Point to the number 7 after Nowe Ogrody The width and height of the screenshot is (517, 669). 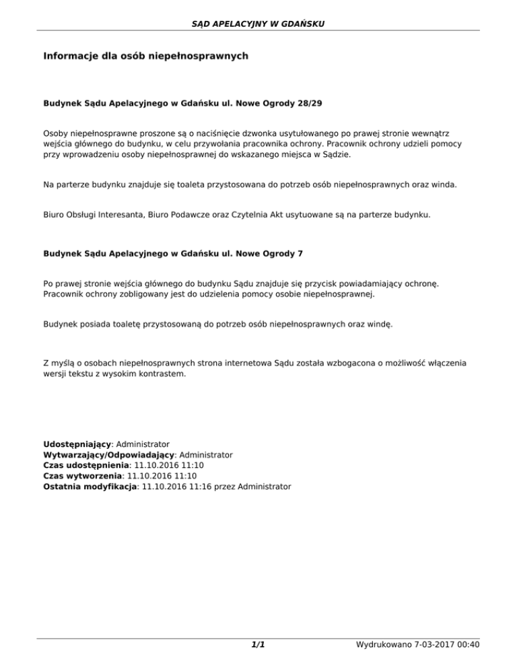(x=300, y=254)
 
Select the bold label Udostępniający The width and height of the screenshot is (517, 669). (x=76, y=445)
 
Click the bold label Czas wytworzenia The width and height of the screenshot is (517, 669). (x=83, y=475)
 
